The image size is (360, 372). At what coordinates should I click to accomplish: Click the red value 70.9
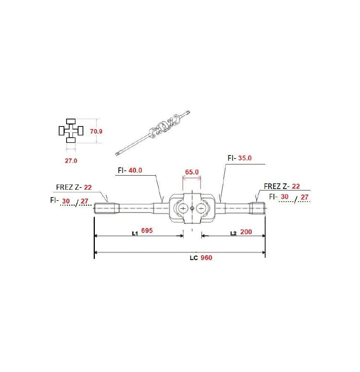[x=96, y=131]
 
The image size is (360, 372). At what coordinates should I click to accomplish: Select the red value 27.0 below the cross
[x=71, y=161]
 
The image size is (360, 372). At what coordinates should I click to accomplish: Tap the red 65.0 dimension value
[x=192, y=172]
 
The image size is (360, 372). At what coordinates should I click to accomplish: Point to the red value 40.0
[x=135, y=170]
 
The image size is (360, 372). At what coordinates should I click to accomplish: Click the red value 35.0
[x=245, y=158]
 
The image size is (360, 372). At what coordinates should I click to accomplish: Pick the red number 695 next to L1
[x=147, y=230]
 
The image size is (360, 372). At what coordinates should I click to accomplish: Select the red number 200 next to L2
[x=246, y=232]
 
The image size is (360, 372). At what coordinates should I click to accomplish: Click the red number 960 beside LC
[x=206, y=258]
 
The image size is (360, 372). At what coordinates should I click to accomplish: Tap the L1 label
[x=135, y=234]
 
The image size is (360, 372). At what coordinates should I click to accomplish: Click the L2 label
[x=234, y=234]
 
